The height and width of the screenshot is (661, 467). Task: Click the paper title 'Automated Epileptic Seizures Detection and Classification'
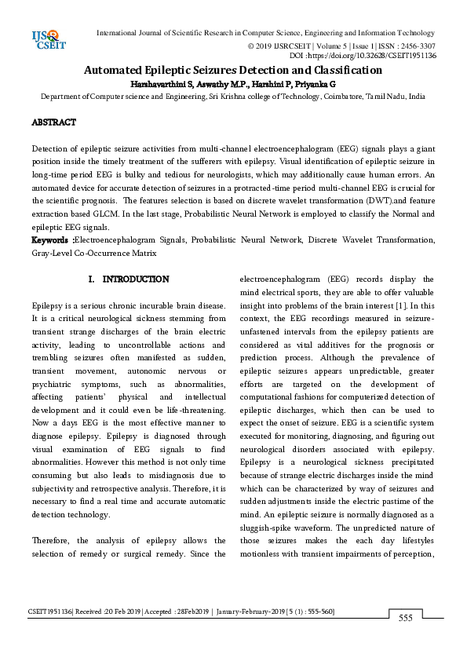coord(233,71)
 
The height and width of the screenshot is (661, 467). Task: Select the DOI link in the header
coord(374,56)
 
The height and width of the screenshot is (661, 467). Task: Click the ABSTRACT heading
coord(53,122)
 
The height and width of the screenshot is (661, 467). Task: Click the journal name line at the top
coord(265,33)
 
